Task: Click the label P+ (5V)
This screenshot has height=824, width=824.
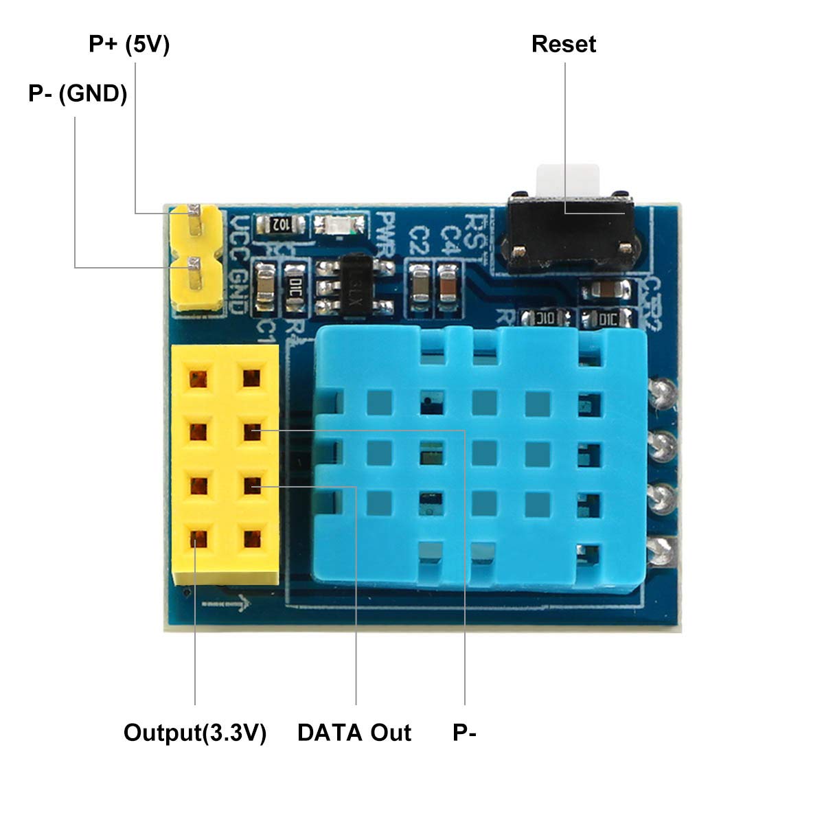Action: [129, 45]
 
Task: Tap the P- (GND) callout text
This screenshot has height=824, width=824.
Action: [78, 93]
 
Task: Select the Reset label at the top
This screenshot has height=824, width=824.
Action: [563, 45]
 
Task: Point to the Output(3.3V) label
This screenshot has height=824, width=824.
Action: [194, 733]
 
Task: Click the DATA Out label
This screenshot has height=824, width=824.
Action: [354, 733]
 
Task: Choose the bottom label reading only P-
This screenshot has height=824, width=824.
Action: [464, 733]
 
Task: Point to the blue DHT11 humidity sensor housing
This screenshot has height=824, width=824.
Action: [481, 453]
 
